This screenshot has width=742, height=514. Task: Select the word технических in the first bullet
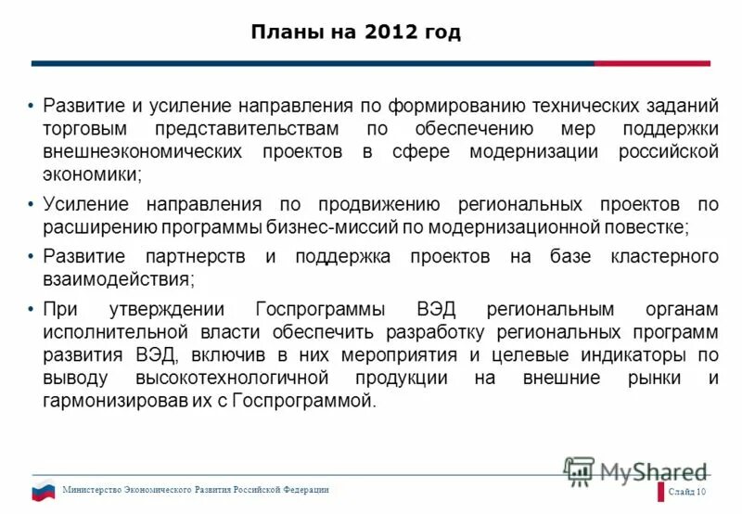point(581,106)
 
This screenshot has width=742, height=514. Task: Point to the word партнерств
point(195,256)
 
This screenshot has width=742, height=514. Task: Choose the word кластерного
point(664,256)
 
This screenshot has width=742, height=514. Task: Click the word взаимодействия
point(116,278)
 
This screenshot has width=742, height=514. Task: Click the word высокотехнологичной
point(245,378)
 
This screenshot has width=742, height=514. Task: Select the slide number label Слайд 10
point(687,492)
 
